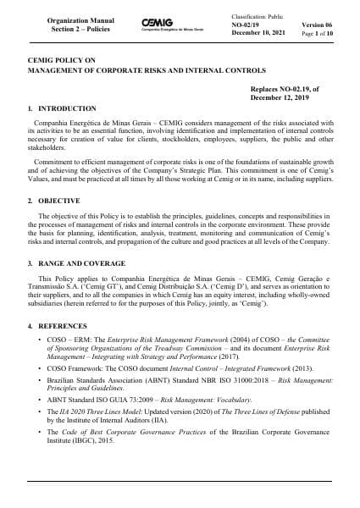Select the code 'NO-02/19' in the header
coord(248,26)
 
